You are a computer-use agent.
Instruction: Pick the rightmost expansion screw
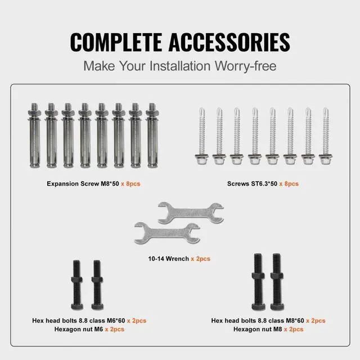coord(151,136)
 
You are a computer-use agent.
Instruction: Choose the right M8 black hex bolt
coord(277,281)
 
